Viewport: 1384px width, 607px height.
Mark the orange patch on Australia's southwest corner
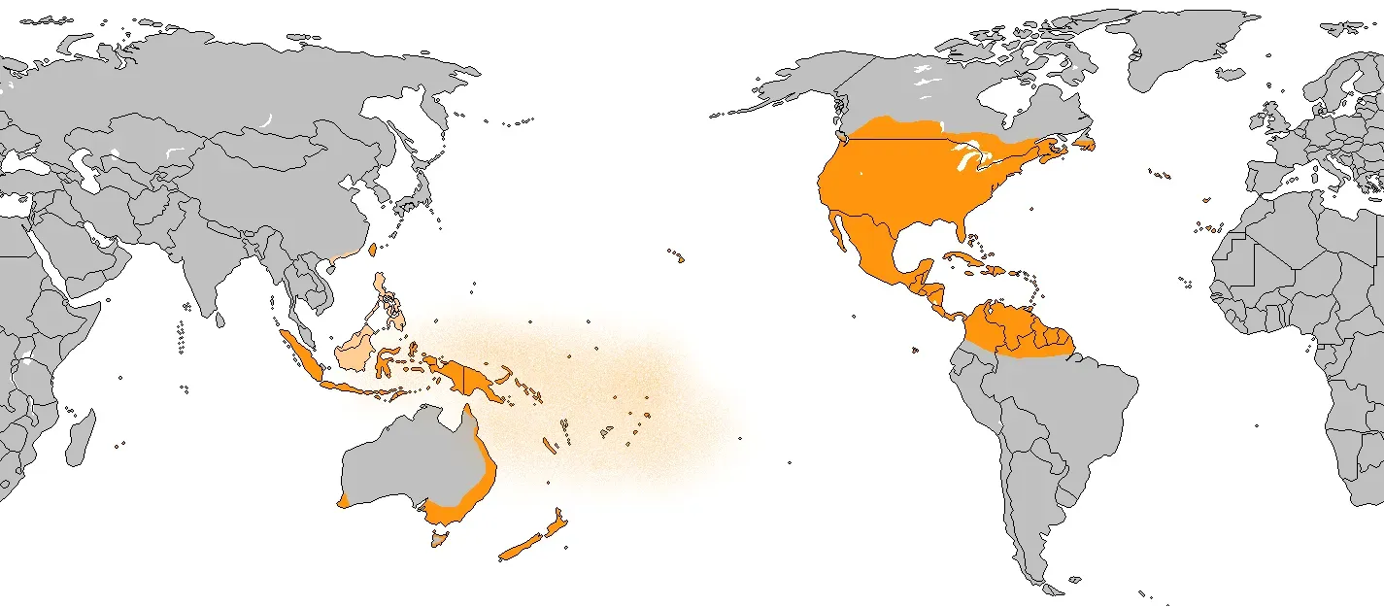pos(345,499)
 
